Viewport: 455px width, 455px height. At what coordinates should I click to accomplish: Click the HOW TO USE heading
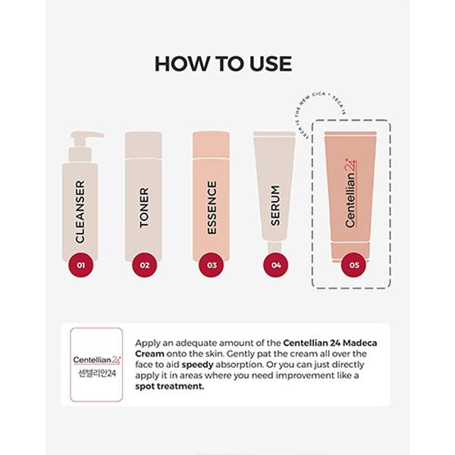(x=223, y=64)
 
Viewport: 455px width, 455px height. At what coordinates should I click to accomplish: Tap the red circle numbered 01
(x=80, y=265)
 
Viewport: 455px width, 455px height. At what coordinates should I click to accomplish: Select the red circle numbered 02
(x=143, y=265)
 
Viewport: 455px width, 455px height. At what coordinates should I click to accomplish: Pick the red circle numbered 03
(x=211, y=265)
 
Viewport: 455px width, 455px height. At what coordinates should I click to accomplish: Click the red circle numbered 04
(x=275, y=265)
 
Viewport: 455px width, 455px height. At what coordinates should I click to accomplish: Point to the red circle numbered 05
(x=351, y=265)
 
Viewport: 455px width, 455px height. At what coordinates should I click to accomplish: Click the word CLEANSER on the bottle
(x=80, y=211)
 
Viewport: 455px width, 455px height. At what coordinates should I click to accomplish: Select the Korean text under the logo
(x=96, y=374)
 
